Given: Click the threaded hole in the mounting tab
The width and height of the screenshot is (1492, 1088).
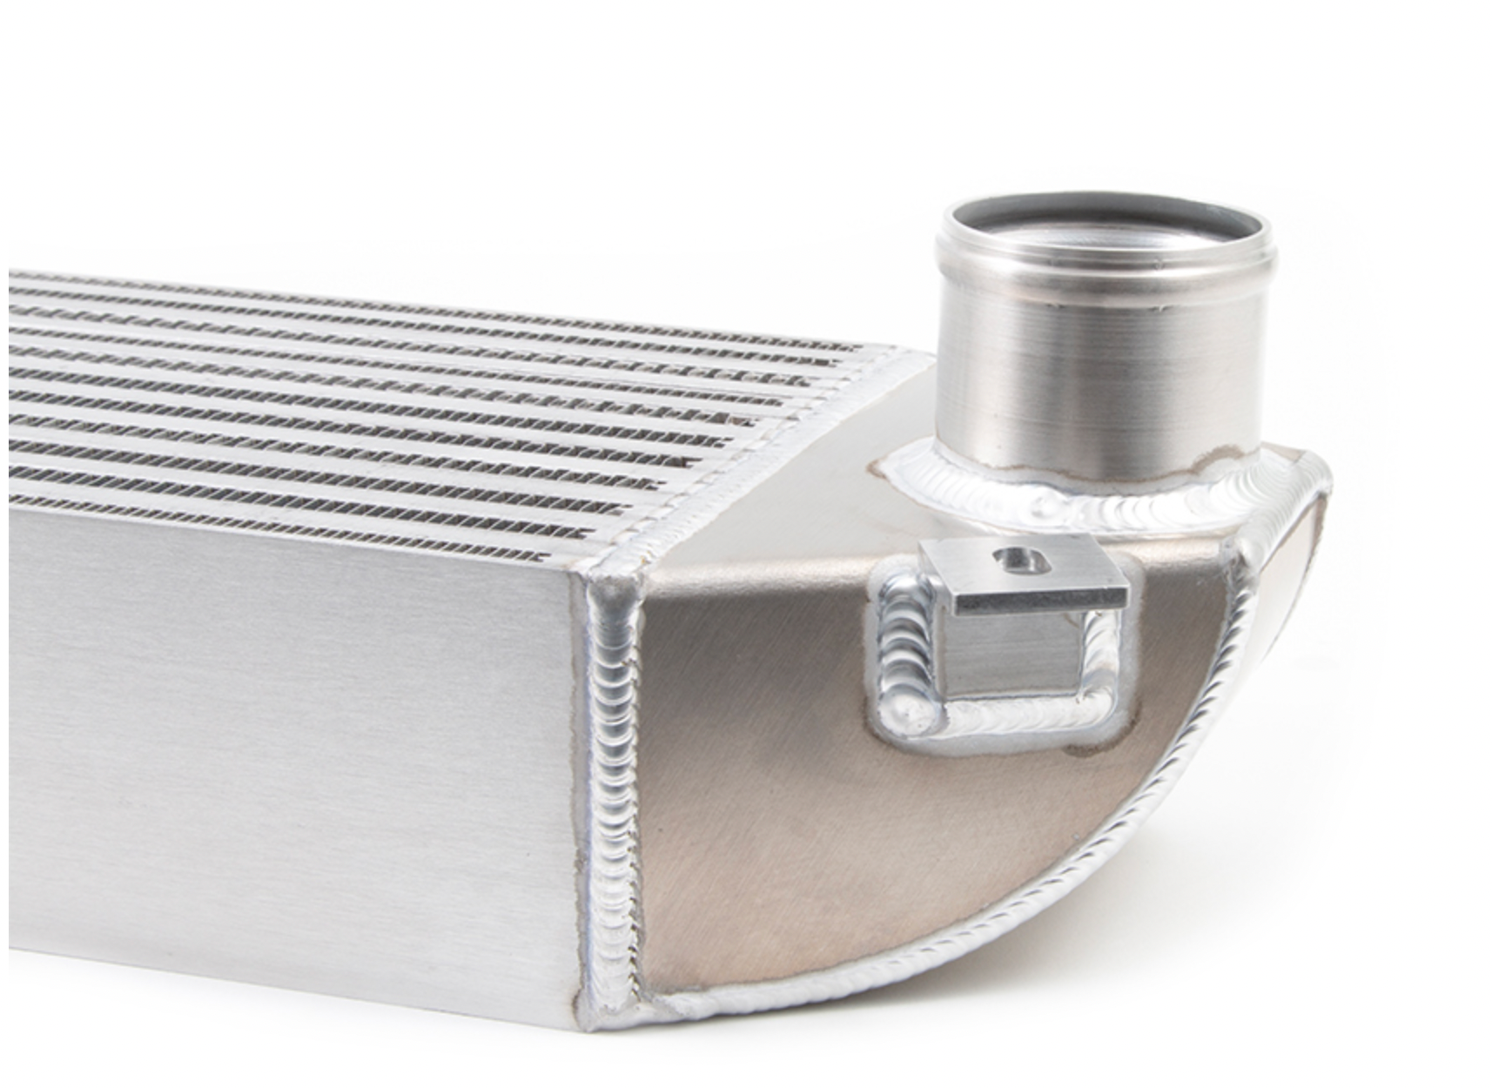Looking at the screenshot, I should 1012,556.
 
